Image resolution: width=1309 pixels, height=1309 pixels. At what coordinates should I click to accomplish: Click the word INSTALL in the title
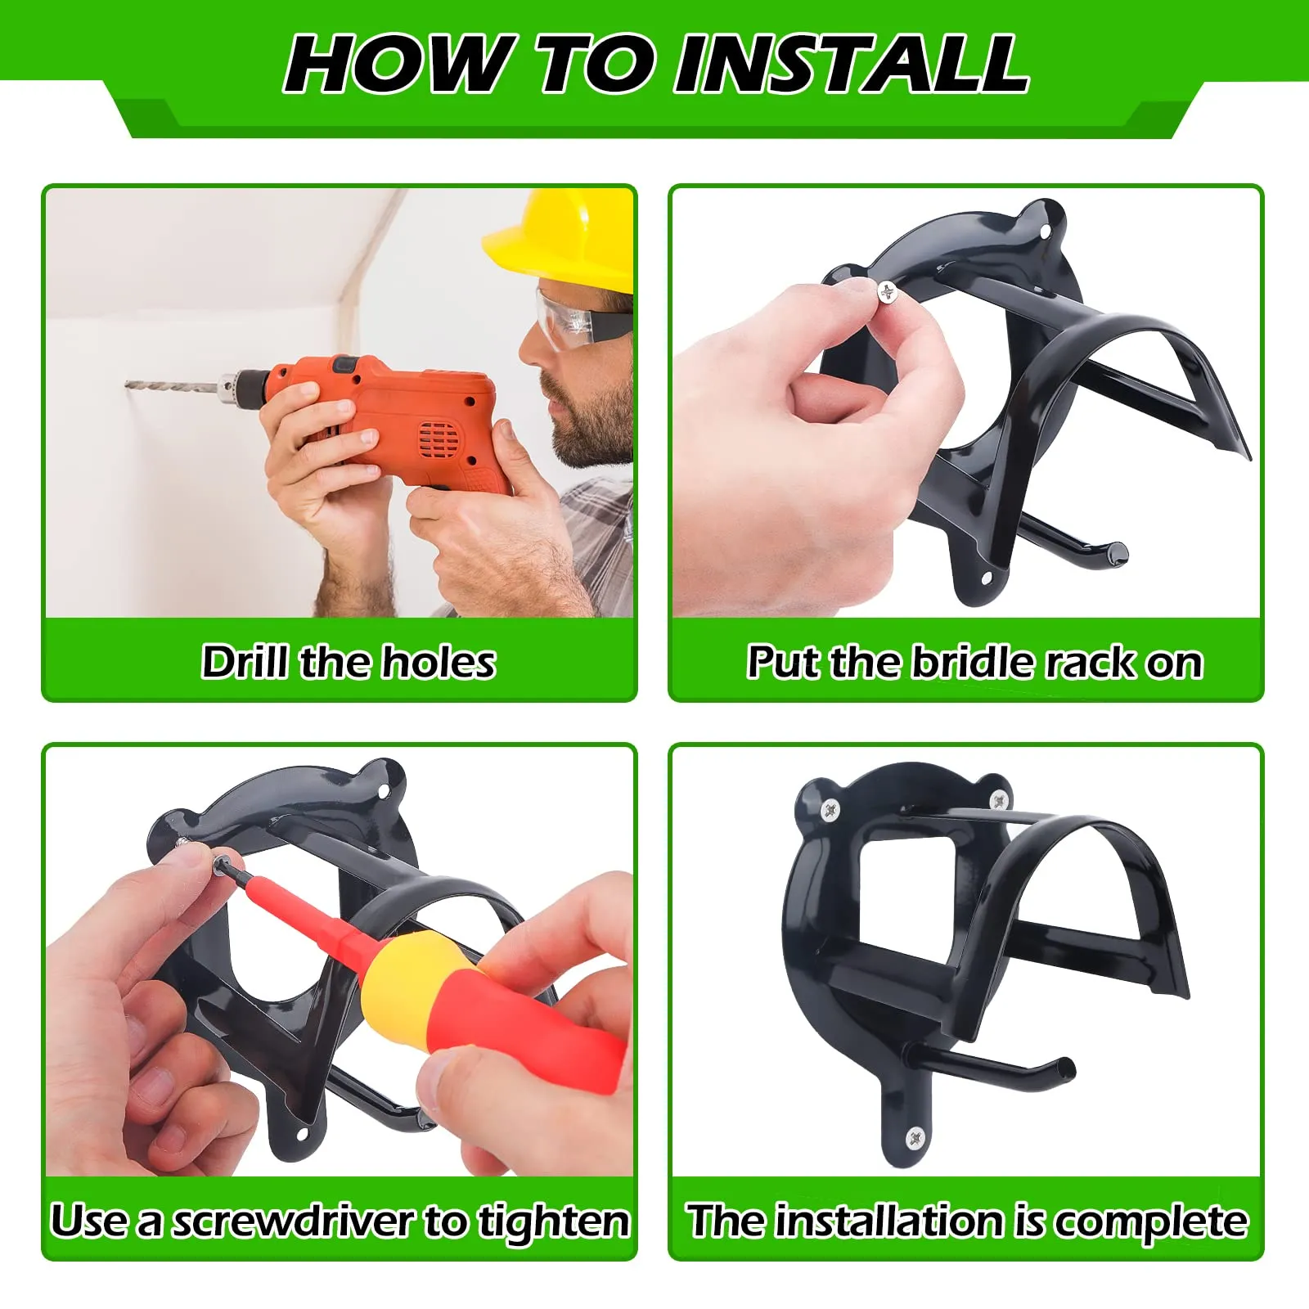852,64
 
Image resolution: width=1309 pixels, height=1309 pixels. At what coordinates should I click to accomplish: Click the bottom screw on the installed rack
915,1136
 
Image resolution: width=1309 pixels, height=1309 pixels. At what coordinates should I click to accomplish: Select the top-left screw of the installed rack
831,810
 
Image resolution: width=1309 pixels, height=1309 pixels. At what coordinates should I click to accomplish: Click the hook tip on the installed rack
1065,1067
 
